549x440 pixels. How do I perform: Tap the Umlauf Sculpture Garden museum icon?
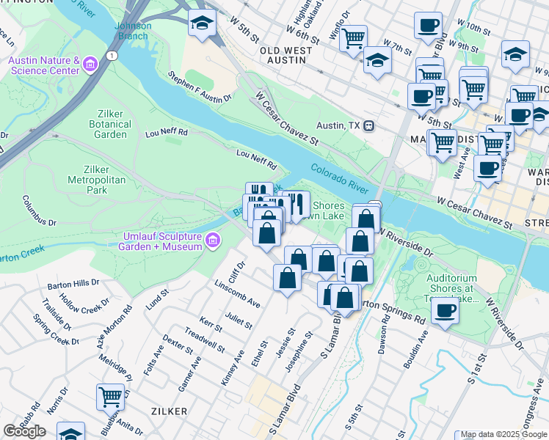212,240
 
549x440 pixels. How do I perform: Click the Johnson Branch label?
133,31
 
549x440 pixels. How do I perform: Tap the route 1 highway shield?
111,56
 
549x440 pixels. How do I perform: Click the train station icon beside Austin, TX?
370,125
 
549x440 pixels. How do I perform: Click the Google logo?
24,431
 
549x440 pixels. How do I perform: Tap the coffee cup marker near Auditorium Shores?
444,310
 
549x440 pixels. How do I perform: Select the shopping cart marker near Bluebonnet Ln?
110,397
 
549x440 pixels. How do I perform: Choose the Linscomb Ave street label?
238,293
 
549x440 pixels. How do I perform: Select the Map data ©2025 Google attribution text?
503,435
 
